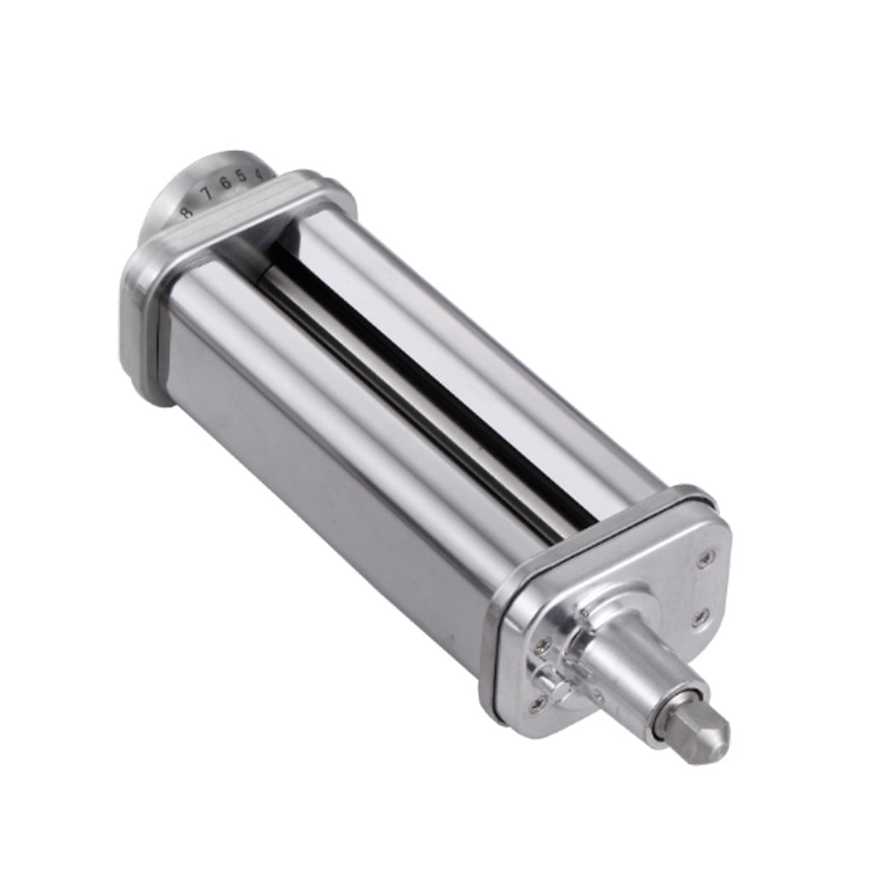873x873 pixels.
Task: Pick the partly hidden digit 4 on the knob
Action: click(259, 173)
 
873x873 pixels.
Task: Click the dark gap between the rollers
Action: click(426, 375)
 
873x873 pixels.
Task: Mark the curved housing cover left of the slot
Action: click(324, 384)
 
